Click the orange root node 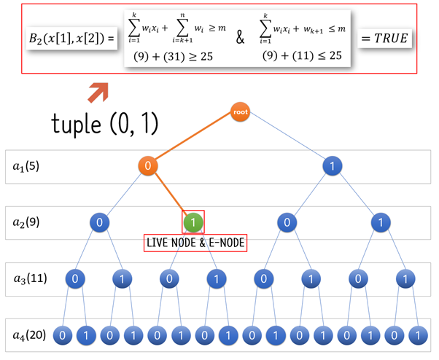click(240, 112)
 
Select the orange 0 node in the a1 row click(148, 166)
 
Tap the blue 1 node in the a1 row click(333, 166)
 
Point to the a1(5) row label click(27, 166)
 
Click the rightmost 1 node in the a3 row click(403, 278)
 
